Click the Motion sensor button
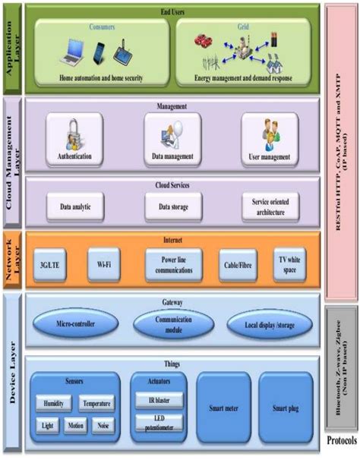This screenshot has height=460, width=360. pos(74,426)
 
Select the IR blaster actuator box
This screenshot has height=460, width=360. pos(158,399)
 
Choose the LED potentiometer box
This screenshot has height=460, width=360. pos(158,423)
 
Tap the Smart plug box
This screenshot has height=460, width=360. pos(284,408)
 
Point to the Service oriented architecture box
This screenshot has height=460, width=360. pos(269,205)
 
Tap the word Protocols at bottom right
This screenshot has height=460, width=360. pos(341,441)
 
